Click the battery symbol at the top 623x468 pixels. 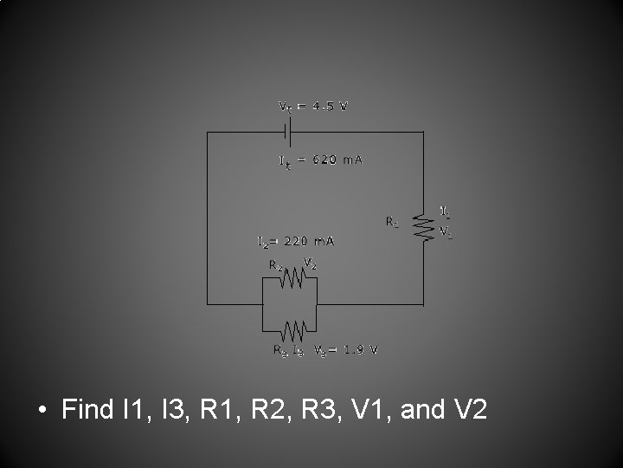click(289, 132)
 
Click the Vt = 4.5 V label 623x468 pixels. click(313, 107)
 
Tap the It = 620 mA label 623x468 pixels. click(320, 160)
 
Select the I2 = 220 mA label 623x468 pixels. click(296, 240)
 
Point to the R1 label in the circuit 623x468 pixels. click(393, 222)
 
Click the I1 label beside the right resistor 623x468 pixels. click(445, 211)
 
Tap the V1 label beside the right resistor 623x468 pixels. click(445, 232)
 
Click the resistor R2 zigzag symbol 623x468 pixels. click(292, 277)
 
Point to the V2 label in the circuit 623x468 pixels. click(310, 263)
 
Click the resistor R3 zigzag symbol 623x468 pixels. click(293, 329)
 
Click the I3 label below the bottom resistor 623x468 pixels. click(298, 350)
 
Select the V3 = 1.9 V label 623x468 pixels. click(345, 350)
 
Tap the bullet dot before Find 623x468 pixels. click(44, 409)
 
